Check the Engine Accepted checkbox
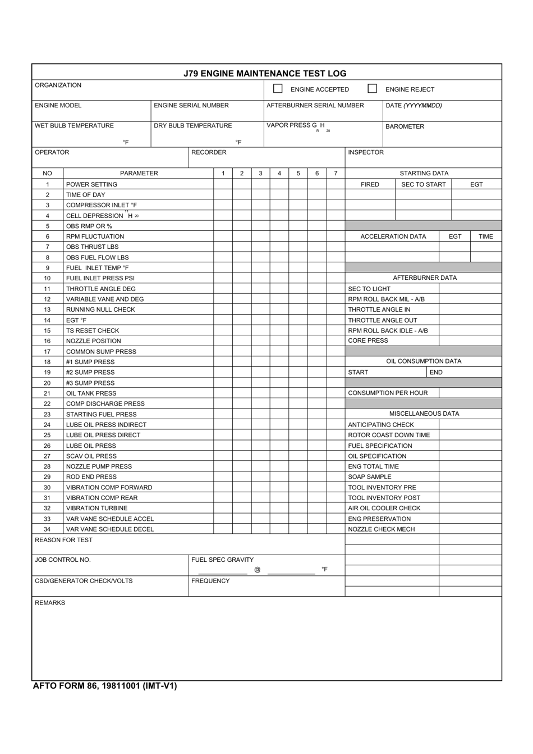pyautogui.click(x=278, y=89)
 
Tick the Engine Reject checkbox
pyautogui.click(x=372, y=89)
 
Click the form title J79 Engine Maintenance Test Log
pyautogui.click(x=265, y=73)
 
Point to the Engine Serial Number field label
pyautogui.click(x=191, y=106)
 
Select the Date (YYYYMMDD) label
pyautogui.click(x=413, y=106)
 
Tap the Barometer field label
pyautogui.click(x=405, y=126)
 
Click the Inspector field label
pyautogui.click(x=366, y=152)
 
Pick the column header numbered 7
pyautogui.click(x=336, y=174)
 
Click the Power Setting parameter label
pyautogui.click(x=92, y=184)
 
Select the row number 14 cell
pyautogui.click(x=47, y=320)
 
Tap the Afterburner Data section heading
pyautogui.click(x=425, y=278)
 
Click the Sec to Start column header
pyautogui.click(x=424, y=184)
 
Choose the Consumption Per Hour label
pyautogui.click(x=388, y=393)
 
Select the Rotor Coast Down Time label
pyautogui.click(x=389, y=435)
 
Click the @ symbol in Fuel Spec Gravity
pyautogui.click(x=258, y=570)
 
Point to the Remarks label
pyautogui.click(x=50, y=603)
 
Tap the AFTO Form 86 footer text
pyautogui.click(x=105, y=685)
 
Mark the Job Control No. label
pyautogui.click(x=63, y=560)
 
